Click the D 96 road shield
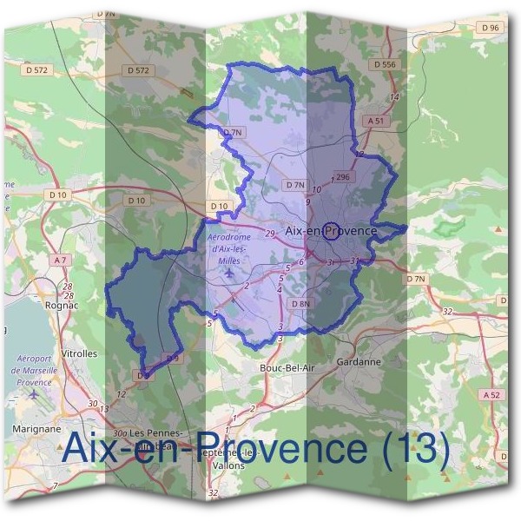(x=490, y=28)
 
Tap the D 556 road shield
(x=382, y=64)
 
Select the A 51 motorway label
(x=375, y=121)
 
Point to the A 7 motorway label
(x=59, y=260)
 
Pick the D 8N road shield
(x=300, y=304)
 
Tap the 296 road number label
(x=342, y=177)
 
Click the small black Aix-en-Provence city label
(x=331, y=231)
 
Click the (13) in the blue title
(x=415, y=449)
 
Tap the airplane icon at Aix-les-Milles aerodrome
(x=229, y=274)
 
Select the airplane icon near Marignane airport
(x=33, y=395)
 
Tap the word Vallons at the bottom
(x=228, y=465)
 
